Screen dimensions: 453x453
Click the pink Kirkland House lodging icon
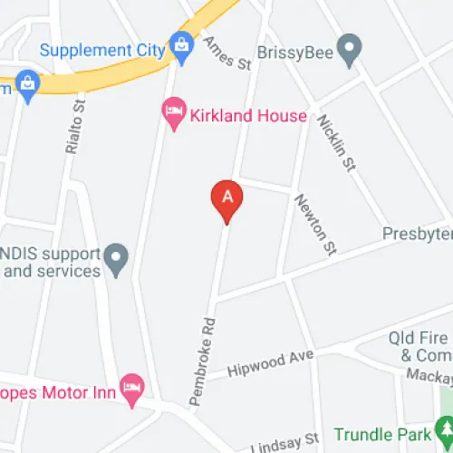[x=172, y=112]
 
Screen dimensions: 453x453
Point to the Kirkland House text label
[x=247, y=116]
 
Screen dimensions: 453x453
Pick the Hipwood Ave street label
[x=269, y=363]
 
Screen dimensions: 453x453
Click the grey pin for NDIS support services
[x=114, y=260]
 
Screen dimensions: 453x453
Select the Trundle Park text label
[x=385, y=434]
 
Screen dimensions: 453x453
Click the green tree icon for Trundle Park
[x=443, y=426]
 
